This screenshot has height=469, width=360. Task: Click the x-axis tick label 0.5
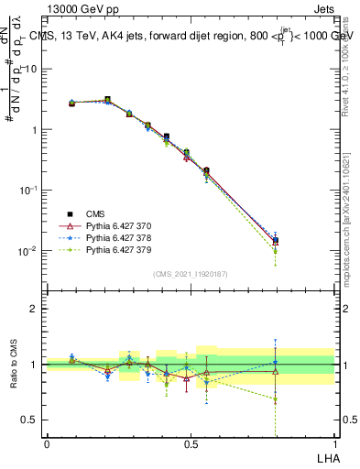pos(191,442)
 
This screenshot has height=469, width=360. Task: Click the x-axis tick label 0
pos(47,442)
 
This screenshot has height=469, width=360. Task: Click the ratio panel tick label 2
pos(35,309)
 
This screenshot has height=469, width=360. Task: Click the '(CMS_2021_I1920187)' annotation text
pos(190,274)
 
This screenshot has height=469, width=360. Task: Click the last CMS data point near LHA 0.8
pos(275,241)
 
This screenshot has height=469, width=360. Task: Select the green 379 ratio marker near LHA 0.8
pos(275,399)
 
